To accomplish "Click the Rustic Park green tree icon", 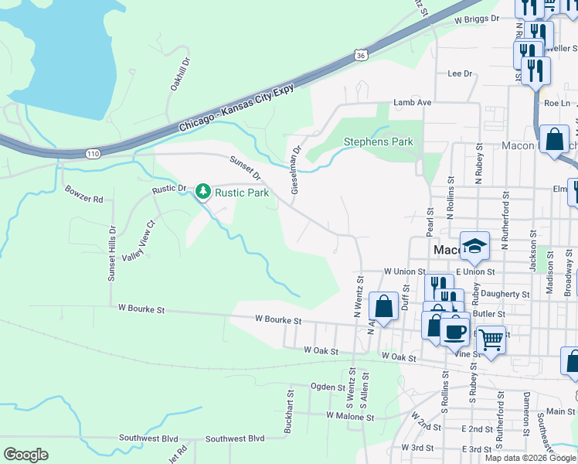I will tap(203, 190).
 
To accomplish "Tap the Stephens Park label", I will tap(378, 142).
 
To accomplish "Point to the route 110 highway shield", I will tap(93, 154).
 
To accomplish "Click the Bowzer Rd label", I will tap(83, 194).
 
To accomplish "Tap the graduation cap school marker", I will tap(474, 247).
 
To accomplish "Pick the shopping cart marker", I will tap(491, 338).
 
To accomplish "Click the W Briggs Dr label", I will tap(477, 19).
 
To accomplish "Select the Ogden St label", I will tap(328, 387).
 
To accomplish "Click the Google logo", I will tap(25, 455).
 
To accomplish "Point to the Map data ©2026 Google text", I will tap(529, 458).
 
